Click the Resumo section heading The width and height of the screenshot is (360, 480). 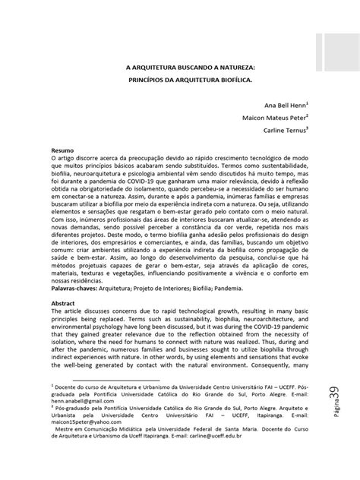click(x=62, y=151)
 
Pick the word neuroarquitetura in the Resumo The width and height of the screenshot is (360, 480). click(x=103, y=174)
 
